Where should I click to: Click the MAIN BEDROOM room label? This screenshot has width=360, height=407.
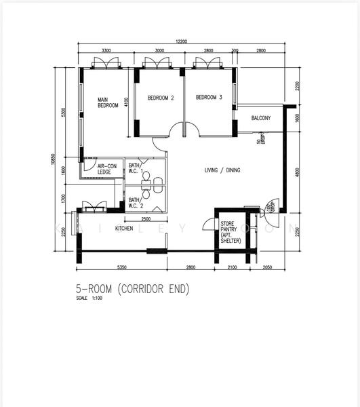coord(108,102)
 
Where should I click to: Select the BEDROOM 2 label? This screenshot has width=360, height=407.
coord(161,98)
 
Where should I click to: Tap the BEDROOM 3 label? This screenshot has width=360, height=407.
coord(209,98)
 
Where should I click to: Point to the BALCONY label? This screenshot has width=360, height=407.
coord(260,118)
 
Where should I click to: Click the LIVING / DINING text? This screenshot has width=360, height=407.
coord(222,170)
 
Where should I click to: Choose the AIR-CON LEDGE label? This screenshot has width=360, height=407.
coord(106,169)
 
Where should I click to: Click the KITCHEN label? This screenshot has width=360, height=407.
coord(124,229)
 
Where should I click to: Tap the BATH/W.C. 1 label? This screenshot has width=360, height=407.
coord(136,168)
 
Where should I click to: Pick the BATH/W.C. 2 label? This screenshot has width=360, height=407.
coord(136,203)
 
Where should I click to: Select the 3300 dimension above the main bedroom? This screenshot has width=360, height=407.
coord(106,51)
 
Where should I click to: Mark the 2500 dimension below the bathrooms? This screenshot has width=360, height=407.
coord(146,219)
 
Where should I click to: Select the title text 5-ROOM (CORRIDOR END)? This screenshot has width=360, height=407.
coord(133,289)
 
